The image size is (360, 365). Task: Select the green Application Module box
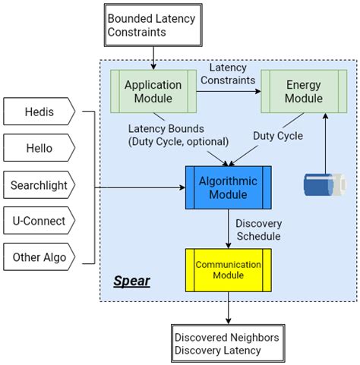tap(152, 92)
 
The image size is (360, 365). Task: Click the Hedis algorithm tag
tap(39, 112)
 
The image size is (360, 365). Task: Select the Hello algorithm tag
tap(39, 148)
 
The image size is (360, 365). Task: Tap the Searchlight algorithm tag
tap(39, 184)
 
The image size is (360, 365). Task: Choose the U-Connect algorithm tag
tap(39, 220)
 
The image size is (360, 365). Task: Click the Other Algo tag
tap(39, 256)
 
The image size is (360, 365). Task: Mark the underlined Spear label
tap(131, 282)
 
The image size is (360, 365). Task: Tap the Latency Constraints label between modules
tap(227, 74)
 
